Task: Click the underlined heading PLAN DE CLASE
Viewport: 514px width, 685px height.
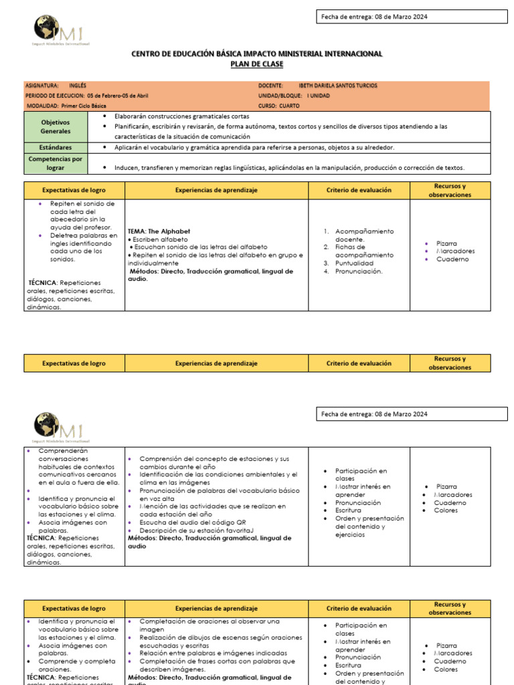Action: (x=257, y=64)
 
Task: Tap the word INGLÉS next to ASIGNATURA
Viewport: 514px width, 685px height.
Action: (x=78, y=86)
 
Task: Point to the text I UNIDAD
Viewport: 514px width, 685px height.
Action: (x=318, y=96)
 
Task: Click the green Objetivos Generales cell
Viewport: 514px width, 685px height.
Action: (x=56, y=126)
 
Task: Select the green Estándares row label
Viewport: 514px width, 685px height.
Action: (x=56, y=147)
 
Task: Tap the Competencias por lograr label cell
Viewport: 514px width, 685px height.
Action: (x=56, y=163)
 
